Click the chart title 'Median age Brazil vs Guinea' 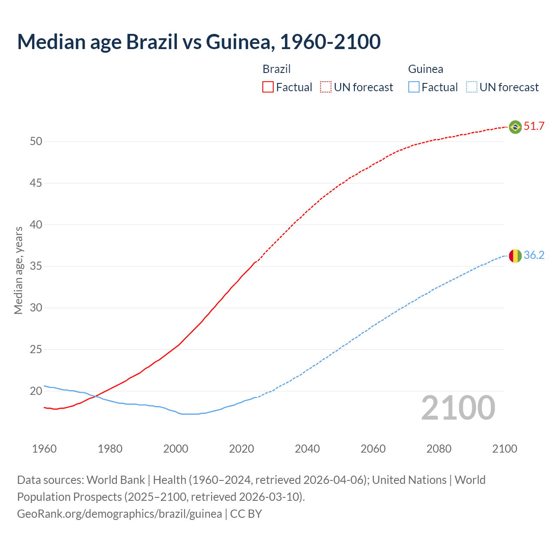coord(199,42)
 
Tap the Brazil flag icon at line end coord(515,127)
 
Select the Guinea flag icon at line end coord(515,256)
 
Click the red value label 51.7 coord(534,126)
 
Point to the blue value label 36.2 coord(534,255)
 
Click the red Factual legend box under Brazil coord(268,87)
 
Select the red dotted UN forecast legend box coord(326,87)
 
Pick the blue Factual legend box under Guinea coord(414,87)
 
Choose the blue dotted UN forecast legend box coord(471,87)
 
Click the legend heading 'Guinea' coord(425,69)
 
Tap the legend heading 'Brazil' coord(276,69)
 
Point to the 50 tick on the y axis coord(36,142)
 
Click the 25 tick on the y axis coord(36,350)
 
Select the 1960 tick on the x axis coord(44,449)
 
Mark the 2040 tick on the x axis coord(307,449)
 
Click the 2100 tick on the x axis coord(504,449)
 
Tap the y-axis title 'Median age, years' coord(18,270)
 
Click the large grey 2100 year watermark coord(458,408)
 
